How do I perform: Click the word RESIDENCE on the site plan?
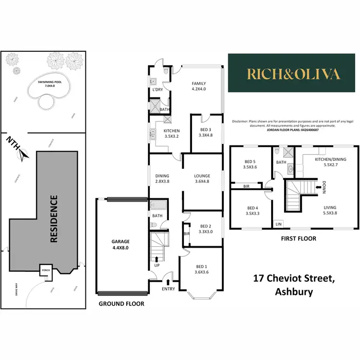tap(54, 218)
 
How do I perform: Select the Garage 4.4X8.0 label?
tap(121, 245)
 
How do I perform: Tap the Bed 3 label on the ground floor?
tap(205, 132)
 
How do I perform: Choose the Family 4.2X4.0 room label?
tap(199, 86)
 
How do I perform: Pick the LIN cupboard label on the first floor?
tap(278, 223)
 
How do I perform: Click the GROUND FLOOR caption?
tap(121, 304)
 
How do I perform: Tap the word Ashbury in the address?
tap(293, 291)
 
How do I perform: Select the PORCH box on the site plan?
tap(46, 269)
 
